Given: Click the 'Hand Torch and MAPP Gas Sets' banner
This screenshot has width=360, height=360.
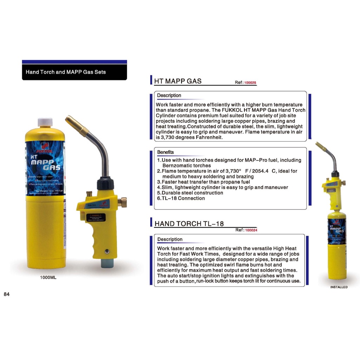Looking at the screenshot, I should (66, 72).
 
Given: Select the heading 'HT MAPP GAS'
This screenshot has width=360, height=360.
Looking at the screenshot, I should (178, 81).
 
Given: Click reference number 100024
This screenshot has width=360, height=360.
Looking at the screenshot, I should (251, 230).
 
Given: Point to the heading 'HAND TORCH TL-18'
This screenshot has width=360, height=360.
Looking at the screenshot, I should (189, 224).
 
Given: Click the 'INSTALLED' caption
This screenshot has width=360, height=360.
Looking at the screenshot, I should (339, 287).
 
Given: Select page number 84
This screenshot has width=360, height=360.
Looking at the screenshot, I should (7, 294).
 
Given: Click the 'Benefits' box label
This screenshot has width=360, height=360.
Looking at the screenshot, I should (166, 152).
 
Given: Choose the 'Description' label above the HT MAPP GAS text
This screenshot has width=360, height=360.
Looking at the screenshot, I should (169, 95).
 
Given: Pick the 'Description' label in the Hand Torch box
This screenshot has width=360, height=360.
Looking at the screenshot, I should (170, 239).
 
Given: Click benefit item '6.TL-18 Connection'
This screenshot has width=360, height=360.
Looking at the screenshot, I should (181, 198).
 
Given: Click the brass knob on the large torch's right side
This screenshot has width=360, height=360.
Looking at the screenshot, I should (123, 202).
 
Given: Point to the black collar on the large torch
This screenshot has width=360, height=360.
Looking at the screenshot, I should (105, 183).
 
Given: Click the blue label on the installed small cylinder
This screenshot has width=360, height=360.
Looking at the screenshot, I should (336, 231).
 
